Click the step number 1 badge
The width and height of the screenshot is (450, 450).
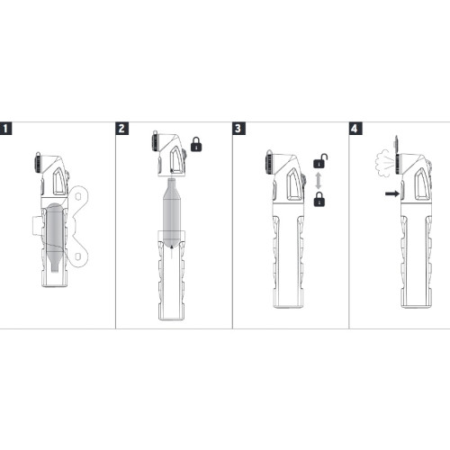[x=5, y=129]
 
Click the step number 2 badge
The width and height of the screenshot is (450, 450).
[x=122, y=129]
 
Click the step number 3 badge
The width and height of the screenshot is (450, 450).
[x=238, y=129]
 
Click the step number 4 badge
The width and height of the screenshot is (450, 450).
[x=355, y=129]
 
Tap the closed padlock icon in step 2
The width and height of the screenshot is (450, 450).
[x=196, y=144]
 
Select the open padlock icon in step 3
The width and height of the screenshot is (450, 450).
[x=320, y=161]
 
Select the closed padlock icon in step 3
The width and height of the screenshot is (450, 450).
[x=319, y=199]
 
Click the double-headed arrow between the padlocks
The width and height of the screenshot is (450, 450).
[x=319, y=180]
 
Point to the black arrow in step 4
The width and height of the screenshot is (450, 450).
[x=392, y=193]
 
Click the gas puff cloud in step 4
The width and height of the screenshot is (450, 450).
[x=383, y=164]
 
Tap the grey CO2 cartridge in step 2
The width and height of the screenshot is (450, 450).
[x=172, y=212]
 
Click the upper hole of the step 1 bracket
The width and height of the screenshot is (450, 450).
[x=78, y=197]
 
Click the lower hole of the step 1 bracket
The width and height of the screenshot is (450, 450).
[x=77, y=256]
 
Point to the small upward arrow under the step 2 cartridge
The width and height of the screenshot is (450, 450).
[x=171, y=251]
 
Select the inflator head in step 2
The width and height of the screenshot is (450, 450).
[x=168, y=154]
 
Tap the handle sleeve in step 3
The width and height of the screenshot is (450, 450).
[x=289, y=255]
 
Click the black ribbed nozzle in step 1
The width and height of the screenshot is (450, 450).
[x=39, y=163]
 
